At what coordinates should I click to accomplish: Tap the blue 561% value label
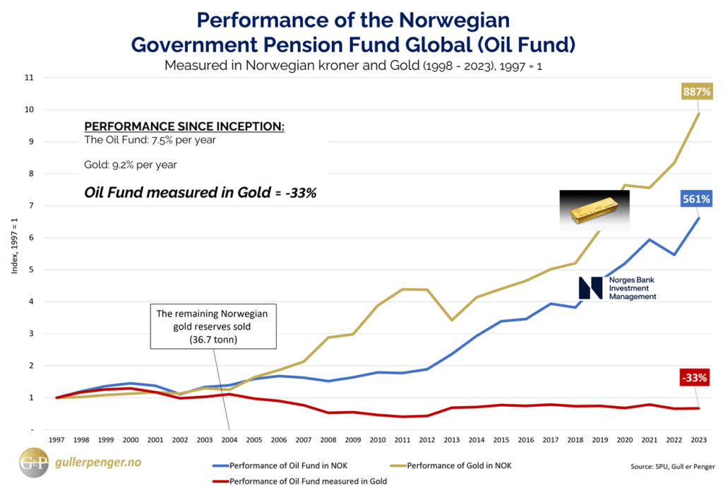click(695, 199)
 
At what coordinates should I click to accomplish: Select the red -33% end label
click(695, 378)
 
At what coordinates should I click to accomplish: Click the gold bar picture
click(594, 210)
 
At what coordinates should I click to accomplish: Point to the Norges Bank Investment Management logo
click(617, 288)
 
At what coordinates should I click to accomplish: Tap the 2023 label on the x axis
click(698, 440)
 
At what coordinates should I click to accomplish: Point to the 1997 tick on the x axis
click(57, 440)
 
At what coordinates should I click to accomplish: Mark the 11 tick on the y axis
click(29, 78)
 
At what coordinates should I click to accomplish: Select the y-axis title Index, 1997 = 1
click(14, 254)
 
